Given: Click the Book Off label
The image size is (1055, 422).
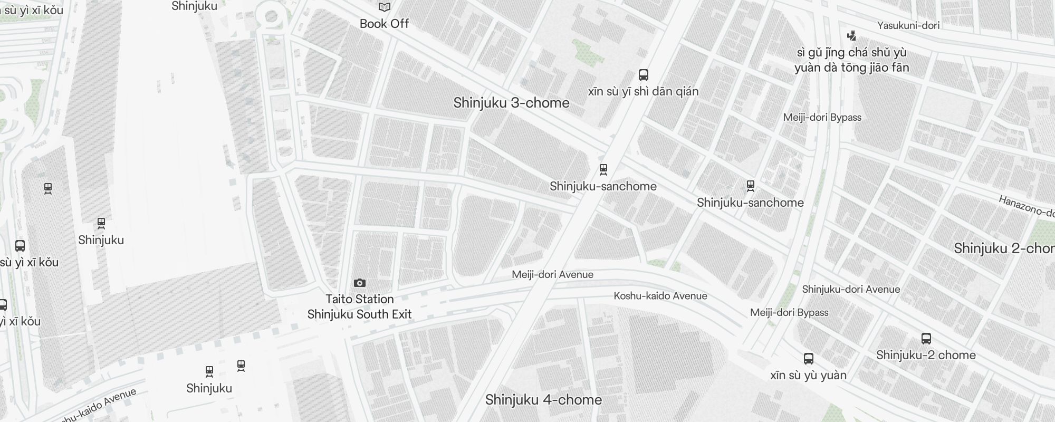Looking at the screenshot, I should click(384, 24).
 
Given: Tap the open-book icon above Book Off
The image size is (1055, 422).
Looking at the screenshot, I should click(385, 7).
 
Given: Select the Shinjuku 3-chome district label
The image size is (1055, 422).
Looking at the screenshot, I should click(511, 103).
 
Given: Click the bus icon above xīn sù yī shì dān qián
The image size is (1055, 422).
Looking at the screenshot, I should click(644, 74).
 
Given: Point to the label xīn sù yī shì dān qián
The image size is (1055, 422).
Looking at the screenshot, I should click(643, 91).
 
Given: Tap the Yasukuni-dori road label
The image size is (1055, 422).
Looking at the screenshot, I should click(908, 25).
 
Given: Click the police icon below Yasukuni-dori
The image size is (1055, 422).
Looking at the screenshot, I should click(851, 36).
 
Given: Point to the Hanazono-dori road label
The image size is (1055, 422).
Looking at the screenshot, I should click(1026, 206).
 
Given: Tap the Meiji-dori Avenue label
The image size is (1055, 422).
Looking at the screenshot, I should click(552, 274).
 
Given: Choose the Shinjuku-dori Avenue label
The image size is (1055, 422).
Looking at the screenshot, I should click(851, 289).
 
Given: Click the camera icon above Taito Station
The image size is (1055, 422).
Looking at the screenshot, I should click(360, 283).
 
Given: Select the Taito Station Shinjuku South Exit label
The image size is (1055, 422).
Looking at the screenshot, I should click(360, 306).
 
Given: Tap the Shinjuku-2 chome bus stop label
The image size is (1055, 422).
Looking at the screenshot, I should click(926, 355).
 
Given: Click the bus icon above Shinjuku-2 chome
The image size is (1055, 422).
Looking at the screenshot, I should click(926, 339).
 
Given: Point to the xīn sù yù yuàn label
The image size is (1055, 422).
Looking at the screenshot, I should click(808, 375).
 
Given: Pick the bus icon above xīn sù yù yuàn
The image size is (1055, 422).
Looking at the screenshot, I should click(809, 359).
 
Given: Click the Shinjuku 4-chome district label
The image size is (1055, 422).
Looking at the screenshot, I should click(543, 400).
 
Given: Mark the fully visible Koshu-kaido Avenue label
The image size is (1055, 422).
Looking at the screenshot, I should click(660, 296).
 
